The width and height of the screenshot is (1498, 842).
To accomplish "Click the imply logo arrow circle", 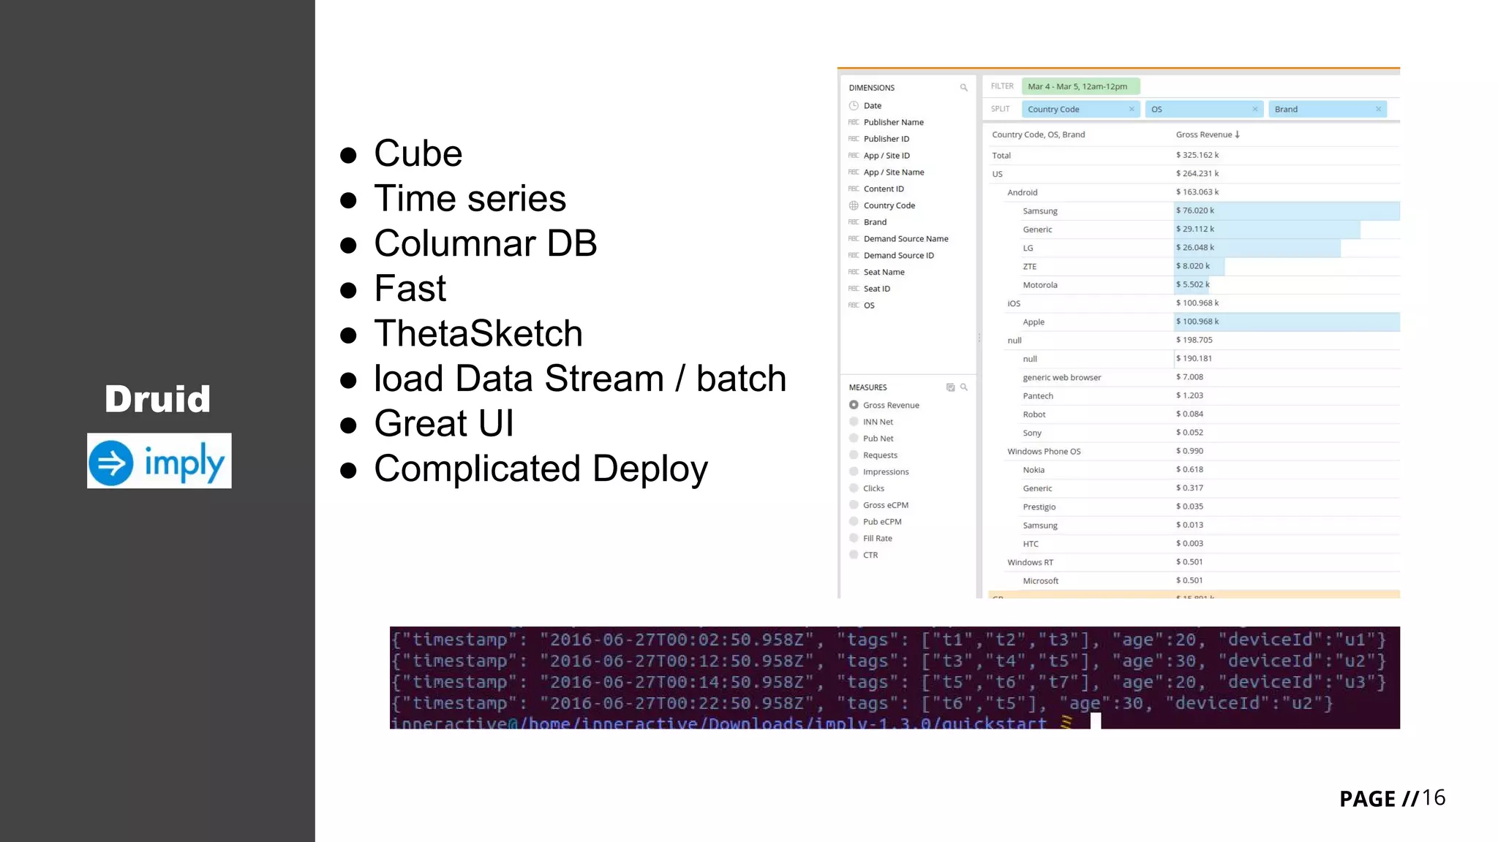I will coord(111,462).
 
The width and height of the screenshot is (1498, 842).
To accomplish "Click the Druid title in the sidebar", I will coord(157,399).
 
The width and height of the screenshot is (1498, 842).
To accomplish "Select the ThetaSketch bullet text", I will coord(478,333).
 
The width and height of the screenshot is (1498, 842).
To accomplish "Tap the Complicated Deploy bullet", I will coord(541,469).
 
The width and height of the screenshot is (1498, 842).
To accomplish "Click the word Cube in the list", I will coord(418,153).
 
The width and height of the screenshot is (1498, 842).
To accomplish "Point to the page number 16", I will coord(1433,797).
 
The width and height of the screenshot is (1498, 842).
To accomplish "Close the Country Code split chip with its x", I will coord(1132,109).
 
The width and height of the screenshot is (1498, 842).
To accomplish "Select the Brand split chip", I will coord(1317,109).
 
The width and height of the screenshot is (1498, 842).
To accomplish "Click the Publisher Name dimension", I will coord(893,122).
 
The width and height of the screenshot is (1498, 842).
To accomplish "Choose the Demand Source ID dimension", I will coord(898,255).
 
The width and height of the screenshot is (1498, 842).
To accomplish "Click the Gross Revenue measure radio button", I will coord(854,405).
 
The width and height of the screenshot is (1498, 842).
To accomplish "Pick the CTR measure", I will coord(870,555).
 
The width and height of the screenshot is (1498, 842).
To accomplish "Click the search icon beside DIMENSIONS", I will coord(963,88).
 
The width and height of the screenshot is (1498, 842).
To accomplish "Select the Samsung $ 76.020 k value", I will coord(1195,210).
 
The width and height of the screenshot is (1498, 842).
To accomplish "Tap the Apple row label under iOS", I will coord(1033,322).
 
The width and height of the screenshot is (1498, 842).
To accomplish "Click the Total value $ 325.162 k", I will coord(1197,155).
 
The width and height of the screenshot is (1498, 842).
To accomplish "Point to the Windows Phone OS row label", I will coord(1043,451).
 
